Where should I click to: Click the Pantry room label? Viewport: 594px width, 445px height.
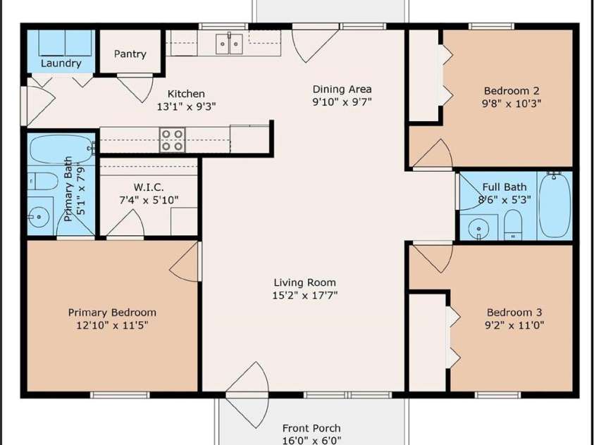tap(130, 54)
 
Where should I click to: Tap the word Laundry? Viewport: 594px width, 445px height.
tap(61, 63)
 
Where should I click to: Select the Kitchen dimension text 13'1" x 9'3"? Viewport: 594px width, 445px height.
tap(186, 107)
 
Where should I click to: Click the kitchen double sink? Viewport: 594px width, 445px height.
tap(229, 44)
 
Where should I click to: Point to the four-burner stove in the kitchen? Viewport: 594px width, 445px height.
tap(173, 140)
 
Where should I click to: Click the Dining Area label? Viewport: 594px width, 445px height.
tap(342, 89)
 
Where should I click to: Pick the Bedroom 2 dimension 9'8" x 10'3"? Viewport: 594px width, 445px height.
tap(512, 104)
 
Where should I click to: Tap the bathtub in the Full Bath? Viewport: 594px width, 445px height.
tap(555, 205)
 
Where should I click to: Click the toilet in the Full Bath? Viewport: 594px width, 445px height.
tap(513, 225)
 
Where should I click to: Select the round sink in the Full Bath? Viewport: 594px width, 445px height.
tap(478, 229)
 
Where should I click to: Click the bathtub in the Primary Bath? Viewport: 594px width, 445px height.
tap(62, 149)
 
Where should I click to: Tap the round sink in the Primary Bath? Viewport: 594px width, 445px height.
tap(39, 217)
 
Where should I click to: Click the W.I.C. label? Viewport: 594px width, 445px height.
tap(149, 187)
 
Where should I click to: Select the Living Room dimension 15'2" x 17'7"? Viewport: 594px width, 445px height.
tap(304, 295)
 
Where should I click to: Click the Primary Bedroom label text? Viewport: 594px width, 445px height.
tap(112, 313)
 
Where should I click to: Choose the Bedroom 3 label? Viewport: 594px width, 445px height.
tap(514, 313)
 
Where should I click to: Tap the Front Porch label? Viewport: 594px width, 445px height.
tap(311, 428)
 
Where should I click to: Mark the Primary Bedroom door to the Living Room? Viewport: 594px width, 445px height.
tap(185, 262)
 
